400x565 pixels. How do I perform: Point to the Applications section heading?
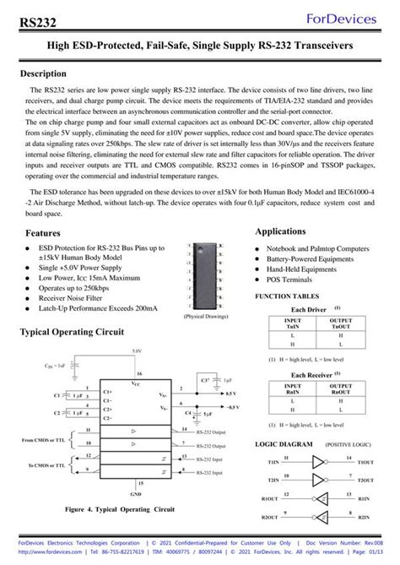286,231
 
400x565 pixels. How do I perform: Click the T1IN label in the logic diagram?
273,463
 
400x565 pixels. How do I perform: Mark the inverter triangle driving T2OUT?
317,481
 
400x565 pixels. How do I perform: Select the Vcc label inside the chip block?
136,383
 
